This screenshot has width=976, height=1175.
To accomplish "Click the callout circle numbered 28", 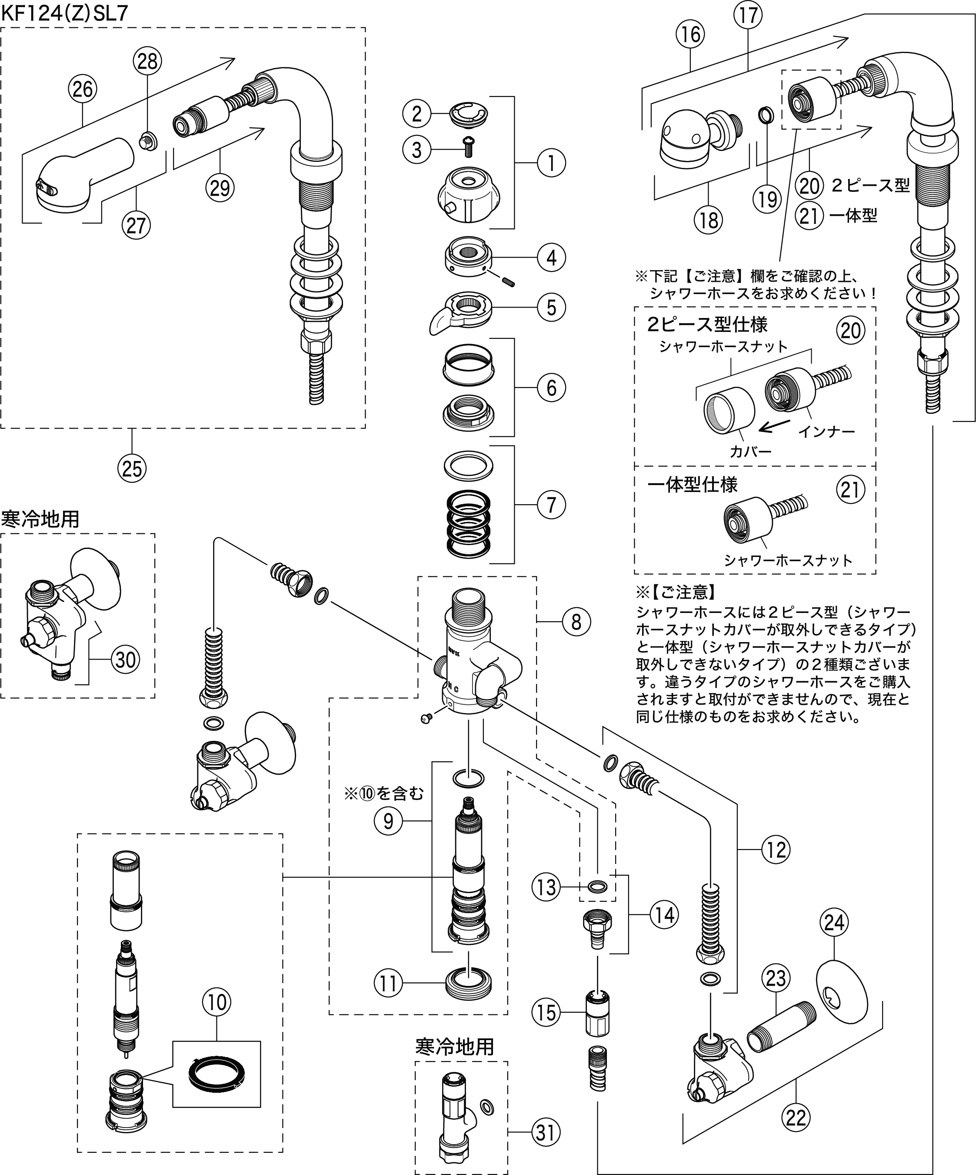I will pos(148,61).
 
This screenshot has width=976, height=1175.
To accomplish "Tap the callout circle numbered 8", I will pos(576,621).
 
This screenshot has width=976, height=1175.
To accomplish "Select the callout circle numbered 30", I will pos(125,659).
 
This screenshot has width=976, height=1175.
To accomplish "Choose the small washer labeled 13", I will pos(598,886).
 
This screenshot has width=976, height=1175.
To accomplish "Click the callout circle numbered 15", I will pos(546,1012).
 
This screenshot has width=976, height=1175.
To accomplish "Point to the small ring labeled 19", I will pos(766,116).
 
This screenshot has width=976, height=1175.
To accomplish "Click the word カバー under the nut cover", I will pos(750,451).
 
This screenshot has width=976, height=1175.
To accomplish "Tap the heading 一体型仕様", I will pos(693,485).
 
